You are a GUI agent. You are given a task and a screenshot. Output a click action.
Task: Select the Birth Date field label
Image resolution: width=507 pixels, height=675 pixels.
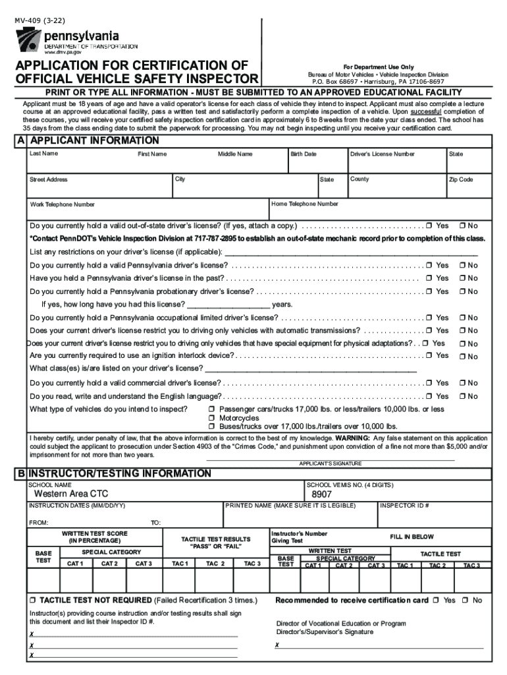[304, 154]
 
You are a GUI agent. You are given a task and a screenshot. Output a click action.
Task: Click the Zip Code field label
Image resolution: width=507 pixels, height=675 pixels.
[461, 179]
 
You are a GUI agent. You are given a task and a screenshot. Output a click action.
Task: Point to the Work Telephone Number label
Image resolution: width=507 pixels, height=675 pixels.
[62, 204]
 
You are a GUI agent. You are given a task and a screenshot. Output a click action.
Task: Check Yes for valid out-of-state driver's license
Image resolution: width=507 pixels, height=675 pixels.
[429, 225]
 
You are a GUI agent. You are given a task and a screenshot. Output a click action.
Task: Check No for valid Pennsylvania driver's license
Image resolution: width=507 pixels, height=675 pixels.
[462, 265]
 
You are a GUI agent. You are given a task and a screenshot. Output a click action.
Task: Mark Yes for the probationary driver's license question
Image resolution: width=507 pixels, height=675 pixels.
[429, 291]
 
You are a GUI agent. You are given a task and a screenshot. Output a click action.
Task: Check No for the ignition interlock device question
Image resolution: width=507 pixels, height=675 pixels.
[462, 357]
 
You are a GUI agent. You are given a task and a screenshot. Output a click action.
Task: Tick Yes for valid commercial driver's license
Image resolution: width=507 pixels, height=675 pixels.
[429, 383]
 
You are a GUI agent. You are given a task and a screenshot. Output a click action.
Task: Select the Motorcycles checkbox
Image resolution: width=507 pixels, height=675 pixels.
[212, 418]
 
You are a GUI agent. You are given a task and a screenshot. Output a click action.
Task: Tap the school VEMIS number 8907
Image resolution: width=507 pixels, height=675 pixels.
[321, 494]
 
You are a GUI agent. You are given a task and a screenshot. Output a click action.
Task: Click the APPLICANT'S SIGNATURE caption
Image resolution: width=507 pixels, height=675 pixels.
[330, 463]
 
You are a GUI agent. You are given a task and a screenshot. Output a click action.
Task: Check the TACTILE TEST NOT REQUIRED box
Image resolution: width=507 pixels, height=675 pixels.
[32, 601]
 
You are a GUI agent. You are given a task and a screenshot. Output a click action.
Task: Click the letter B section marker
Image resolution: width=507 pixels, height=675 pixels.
[21, 474]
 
